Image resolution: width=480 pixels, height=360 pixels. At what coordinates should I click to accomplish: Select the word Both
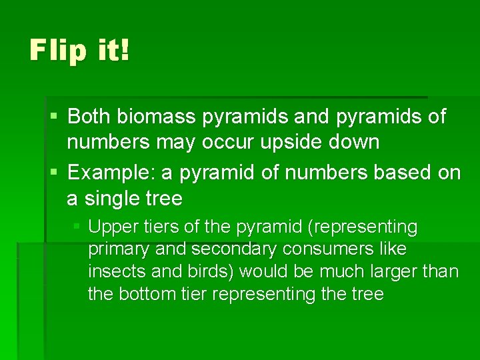[x=89, y=117]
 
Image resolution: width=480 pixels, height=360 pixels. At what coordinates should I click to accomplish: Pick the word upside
[x=307, y=143]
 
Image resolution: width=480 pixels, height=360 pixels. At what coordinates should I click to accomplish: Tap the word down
[x=357, y=142]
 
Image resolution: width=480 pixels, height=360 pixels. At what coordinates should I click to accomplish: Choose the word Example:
[x=111, y=173]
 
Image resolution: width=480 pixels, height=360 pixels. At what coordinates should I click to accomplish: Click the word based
[x=400, y=173]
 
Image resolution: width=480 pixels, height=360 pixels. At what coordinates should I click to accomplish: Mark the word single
[x=113, y=199]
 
